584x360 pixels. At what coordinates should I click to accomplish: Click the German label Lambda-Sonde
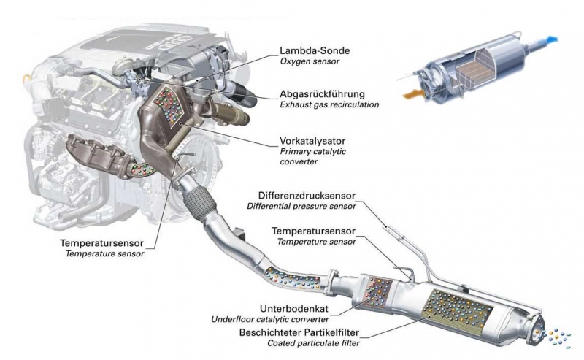coord(315,50)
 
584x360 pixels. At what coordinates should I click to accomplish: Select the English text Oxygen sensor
coord(310,61)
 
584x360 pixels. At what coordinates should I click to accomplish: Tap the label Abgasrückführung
coord(322,94)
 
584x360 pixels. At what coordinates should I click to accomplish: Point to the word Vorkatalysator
coord(312,141)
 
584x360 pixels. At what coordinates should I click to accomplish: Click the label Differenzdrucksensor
coord(307,195)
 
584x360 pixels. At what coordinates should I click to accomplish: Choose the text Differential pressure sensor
coord(301,206)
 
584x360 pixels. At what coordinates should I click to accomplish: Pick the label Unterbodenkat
coord(294,309)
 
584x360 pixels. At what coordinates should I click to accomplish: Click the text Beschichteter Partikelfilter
coord(299,332)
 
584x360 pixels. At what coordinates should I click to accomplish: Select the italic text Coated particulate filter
coord(314,343)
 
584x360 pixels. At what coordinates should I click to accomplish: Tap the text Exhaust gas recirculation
coord(329,104)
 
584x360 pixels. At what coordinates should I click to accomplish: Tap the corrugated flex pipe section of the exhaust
coord(199,203)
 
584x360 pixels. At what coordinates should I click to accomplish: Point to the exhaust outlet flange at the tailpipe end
coord(534,332)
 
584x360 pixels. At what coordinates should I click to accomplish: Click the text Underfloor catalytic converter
coord(269,319)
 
